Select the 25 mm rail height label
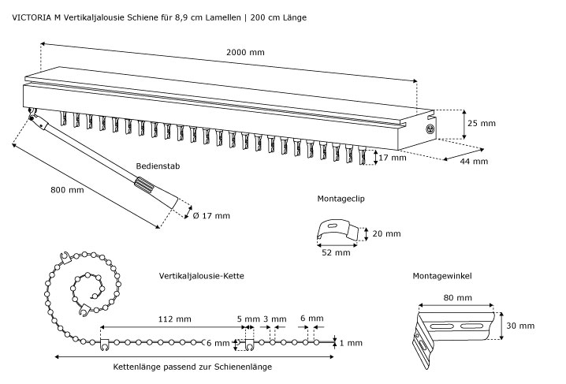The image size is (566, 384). click(x=481, y=123)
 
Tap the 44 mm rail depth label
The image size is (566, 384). click(x=475, y=162)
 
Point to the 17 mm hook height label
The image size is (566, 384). click(x=393, y=158)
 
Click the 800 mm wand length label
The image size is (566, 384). click(x=67, y=189)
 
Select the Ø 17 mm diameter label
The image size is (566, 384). click(x=211, y=215)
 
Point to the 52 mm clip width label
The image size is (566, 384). click(x=336, y=253)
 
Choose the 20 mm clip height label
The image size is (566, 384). click(x=386, y=233)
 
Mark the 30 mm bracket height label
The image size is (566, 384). click(x=519, y=325)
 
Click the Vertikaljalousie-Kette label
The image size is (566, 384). click(x=201, y=276)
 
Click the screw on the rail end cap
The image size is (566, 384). click(x=430, y=129)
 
